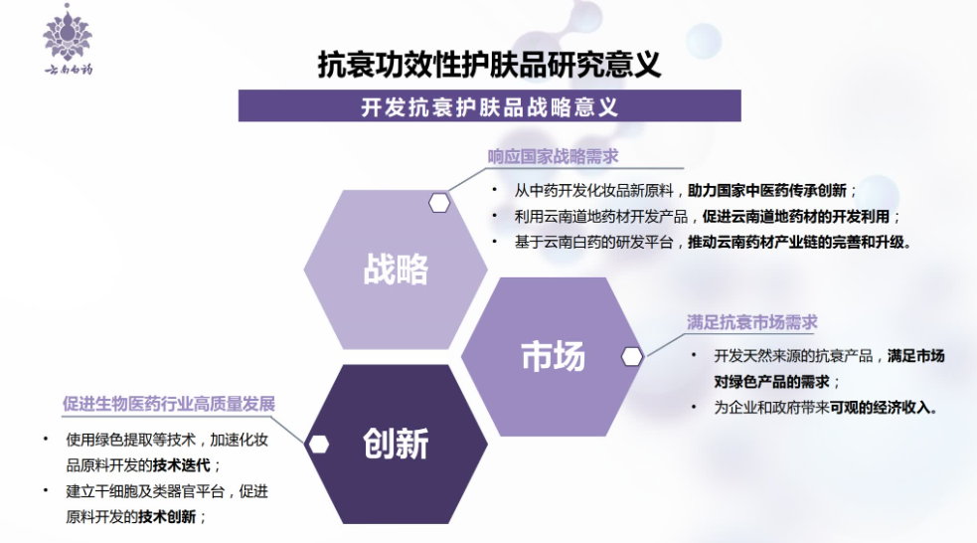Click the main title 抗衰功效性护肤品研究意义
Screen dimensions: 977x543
click(489, 65)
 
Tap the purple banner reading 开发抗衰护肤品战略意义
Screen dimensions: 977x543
click(490, 106)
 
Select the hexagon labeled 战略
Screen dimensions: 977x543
click(396, 270)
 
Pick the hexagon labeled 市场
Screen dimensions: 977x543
click(553, 357)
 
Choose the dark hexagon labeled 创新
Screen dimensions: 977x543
click(396, 444)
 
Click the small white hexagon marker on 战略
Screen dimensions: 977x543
click(439, 203)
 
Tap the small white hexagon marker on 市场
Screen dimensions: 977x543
click(632, 357)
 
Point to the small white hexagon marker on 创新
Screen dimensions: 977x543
click(319, 445)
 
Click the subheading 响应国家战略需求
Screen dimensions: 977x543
click(553, 156)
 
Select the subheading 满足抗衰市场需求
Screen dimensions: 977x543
click(752, 322)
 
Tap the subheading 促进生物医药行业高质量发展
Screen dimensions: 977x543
click(169, 404)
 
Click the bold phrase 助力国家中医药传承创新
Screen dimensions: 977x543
click(767, 190)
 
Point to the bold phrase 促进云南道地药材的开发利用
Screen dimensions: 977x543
click(796, 217)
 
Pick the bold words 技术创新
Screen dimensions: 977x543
click(167, 517)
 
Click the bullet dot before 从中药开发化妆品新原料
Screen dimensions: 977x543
click(495, 190)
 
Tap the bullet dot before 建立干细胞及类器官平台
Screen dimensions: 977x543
click(46, 490)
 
